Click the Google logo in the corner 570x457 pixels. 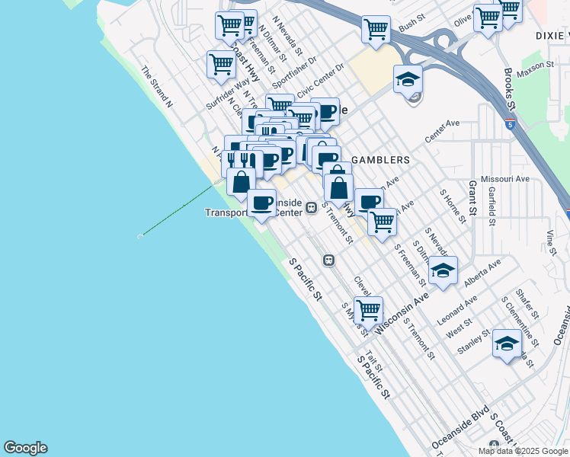point(25,448)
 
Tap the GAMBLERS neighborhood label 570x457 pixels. point(381,161)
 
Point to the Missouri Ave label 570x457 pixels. point(511,179)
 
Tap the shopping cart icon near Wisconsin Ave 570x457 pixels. point(369,309)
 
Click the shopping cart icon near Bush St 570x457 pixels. point(376,29)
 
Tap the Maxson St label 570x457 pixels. point(534,69)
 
